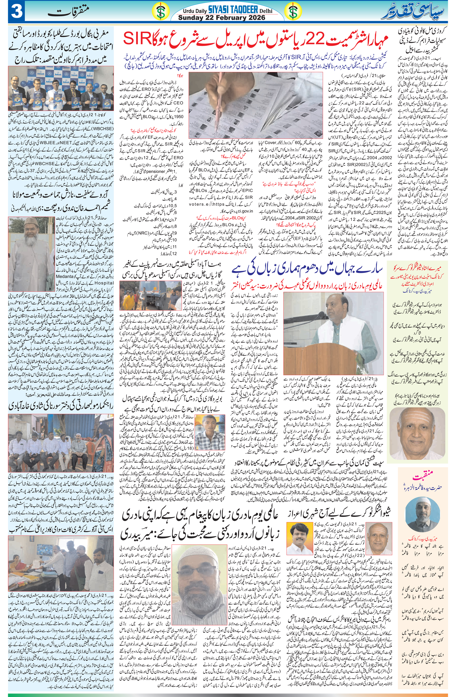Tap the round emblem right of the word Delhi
292,12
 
